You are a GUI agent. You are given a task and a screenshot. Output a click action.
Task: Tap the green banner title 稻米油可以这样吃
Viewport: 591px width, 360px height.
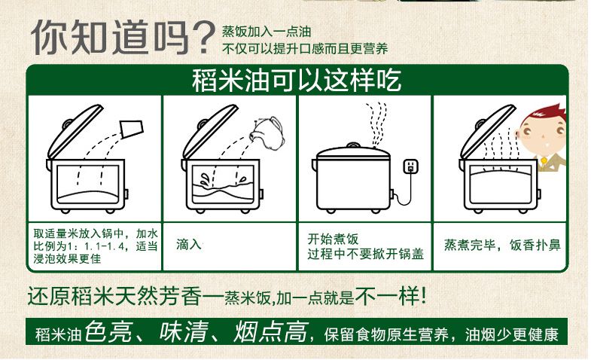pyautogui.click(x=297, y=80)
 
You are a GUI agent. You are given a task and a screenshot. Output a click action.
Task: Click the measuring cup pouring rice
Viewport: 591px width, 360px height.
pyautogui.click(x=132, y=128)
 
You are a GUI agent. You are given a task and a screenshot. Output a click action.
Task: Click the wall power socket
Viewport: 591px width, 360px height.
pyautogui.click(x=410, y=166)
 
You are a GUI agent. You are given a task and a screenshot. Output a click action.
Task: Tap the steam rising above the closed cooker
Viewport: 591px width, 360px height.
pyautogui.click(x=378, y=125)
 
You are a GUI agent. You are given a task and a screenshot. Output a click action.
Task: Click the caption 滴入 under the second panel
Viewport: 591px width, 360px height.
pyautogui.click(x=189, y=245)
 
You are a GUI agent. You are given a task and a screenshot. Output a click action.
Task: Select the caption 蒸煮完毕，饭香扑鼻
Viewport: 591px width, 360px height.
pyautogui.click(x=502, y=245)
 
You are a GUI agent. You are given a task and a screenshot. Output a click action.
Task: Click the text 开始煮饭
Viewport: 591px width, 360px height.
pyautogui.click(x=333, y=239)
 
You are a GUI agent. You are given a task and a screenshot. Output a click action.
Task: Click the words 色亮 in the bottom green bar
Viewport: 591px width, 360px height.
pyautogui.click(x=108, y=331)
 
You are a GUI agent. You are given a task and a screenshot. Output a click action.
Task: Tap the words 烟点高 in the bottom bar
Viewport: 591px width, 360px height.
pyautogui.click(x=270, y=331)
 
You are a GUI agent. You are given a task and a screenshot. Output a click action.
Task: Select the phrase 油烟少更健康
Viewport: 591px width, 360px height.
pyautogui.click(x=511, y=334)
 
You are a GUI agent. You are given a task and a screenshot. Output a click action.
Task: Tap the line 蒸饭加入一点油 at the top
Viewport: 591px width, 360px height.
pyautogui.click(x=267, y=32)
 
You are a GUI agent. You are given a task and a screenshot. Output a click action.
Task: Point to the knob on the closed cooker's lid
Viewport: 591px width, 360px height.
pyautogui.click(x=353, y=145)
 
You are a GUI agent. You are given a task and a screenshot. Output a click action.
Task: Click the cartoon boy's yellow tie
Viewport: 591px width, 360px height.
pyautogui.click(x=544, y=160)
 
